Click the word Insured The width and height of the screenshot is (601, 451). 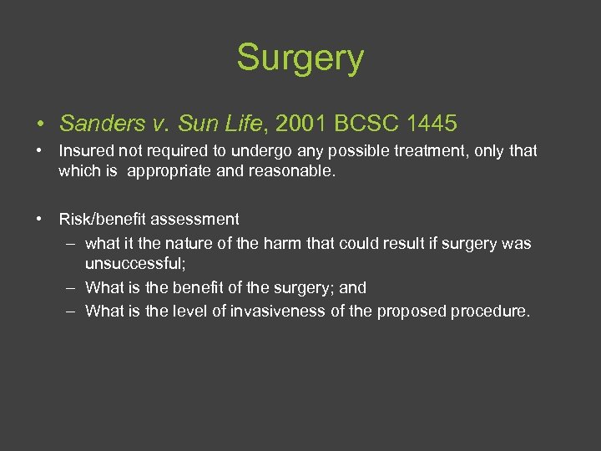pos(84,151)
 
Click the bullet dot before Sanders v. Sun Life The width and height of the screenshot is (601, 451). pos(40,125)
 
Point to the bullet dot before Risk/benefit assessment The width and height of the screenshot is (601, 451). pos(40,220)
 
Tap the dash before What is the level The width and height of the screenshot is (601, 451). pos(73,312)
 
